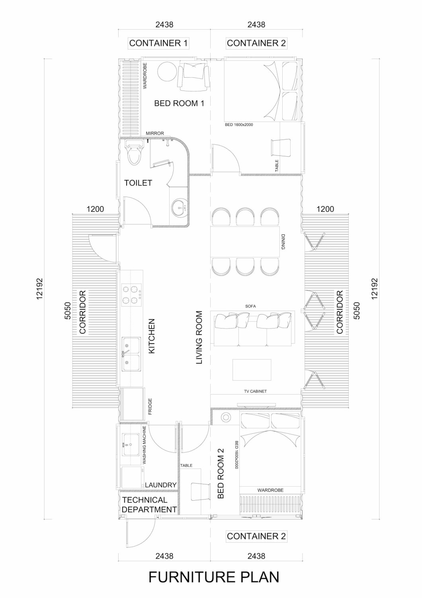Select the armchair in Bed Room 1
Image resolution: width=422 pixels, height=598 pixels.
point(193,76)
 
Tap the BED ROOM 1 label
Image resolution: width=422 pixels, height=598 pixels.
point(179,103)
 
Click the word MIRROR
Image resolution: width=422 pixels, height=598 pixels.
point(155,133)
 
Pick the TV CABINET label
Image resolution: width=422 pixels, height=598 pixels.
point(255,391)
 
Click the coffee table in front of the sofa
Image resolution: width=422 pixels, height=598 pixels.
point(252,370)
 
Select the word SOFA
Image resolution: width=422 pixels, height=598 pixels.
point(250,306)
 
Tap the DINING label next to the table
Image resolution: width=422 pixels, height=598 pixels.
point(283,242)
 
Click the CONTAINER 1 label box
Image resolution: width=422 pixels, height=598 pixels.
point(158,43)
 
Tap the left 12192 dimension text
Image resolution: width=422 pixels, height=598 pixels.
point(40,289)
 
